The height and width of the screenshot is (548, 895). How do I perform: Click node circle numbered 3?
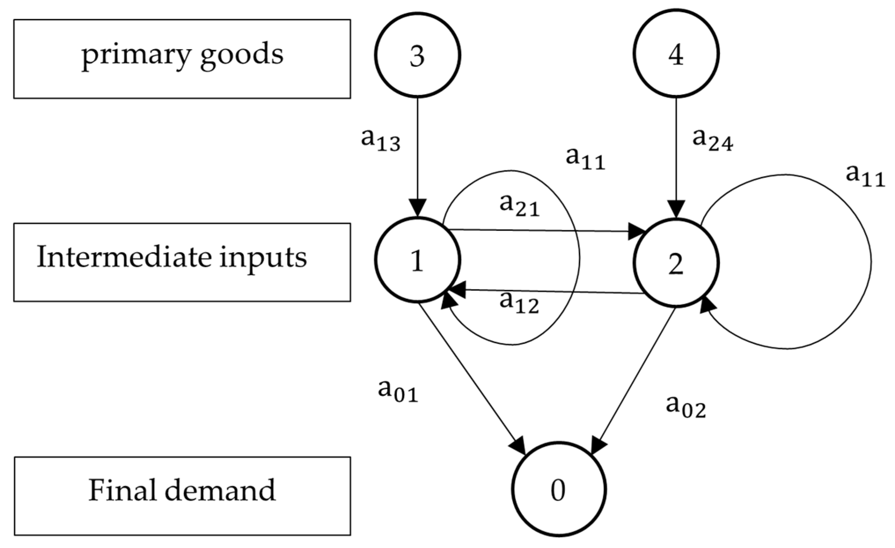(x=417, y=55)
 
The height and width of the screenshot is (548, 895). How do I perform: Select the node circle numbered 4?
(x=676, y=54)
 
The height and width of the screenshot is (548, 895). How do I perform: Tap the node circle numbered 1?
(x=417, y=260)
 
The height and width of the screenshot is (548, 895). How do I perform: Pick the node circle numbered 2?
(x=676, y=263)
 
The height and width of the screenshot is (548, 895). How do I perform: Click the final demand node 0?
(x=559, y=490)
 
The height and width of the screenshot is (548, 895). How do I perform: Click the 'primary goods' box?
(x=182, y=59)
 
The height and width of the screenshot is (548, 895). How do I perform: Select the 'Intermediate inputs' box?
(x=182, y=262)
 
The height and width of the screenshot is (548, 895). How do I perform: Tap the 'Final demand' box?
(x=182, y=496)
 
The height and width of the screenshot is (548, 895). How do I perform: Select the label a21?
(x=519, y=205)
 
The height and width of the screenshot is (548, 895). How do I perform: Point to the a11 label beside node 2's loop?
(x=865, y=176)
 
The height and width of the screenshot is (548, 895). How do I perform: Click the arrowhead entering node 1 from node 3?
(x=417, y=208)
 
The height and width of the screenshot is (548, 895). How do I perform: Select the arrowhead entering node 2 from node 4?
(x=676, y=209)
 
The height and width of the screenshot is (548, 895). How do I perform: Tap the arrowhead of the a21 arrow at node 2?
(x=637, y=232)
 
